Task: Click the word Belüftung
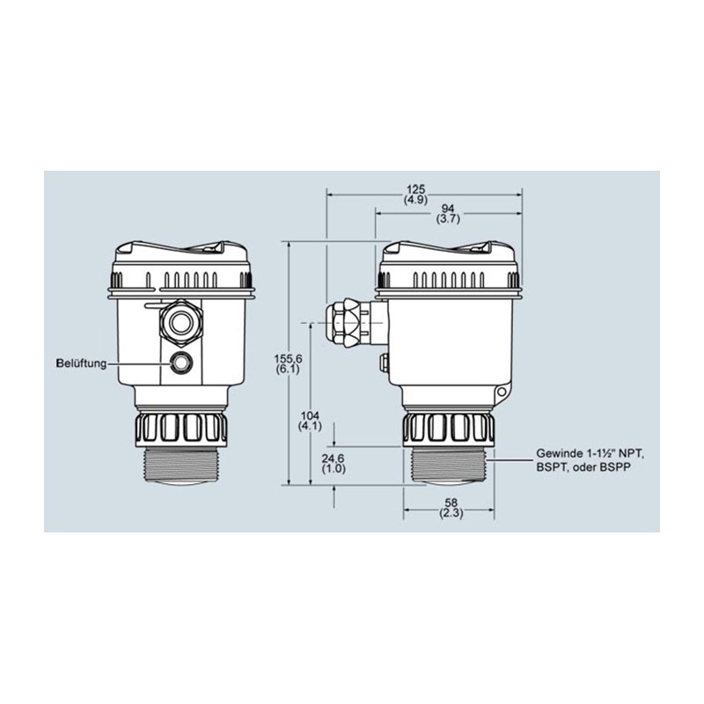point(81,363)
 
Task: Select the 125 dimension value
point(416,188)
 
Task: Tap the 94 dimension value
point(447,209)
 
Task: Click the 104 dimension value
point(310,414)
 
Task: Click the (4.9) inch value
point(416,200)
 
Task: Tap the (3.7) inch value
point(447,220)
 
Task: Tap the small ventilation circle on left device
point(181,361)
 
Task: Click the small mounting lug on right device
point(502,392)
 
